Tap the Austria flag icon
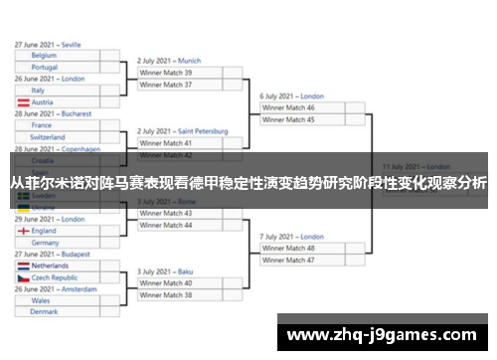pos(22,102)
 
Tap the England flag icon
pos(22,231)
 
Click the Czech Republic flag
pos(22,277)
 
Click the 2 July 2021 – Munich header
pos(169,61)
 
